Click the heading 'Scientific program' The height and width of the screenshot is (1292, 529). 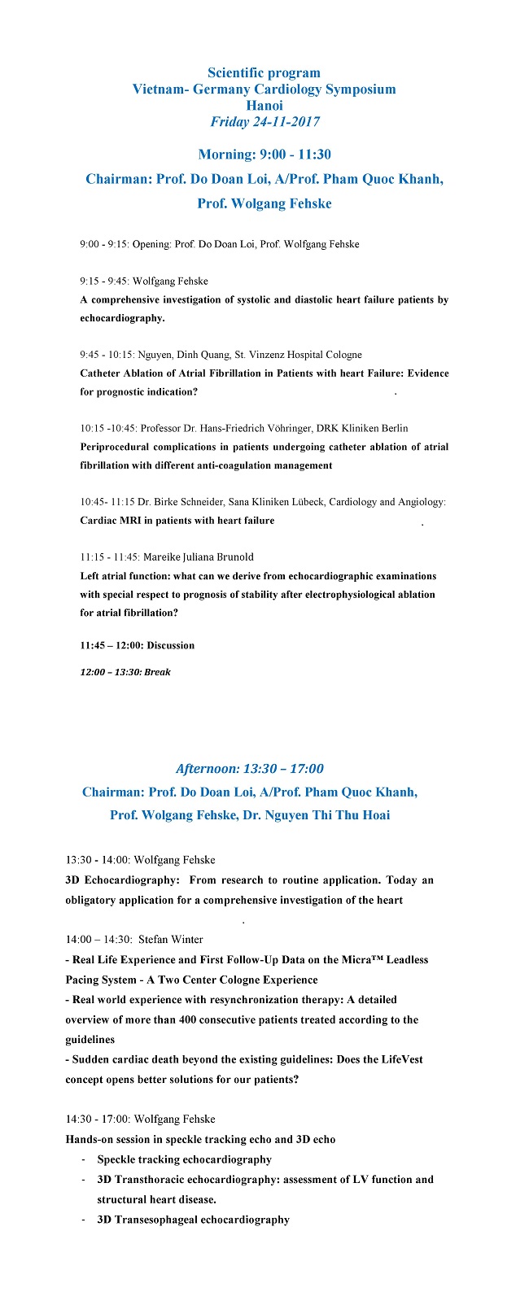pyautogui.click(x=264, y=73)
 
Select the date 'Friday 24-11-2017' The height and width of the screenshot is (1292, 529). pyautogui.click(x=264, y=122)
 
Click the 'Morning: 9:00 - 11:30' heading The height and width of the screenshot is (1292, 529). pyautogui.click(x=264, y=155)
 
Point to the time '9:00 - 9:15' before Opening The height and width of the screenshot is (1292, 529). pyautogui.click(x=103, y=244)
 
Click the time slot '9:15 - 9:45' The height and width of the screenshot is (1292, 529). pyautogui.click(x=103, y=282)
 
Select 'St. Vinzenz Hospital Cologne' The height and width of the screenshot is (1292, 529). pyautogui.click(x=306, y=355)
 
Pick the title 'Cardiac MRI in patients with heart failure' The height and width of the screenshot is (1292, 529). pyautogui.click(x=177, y=521)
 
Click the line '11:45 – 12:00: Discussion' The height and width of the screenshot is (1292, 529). pyautogui.click(x=138, y=645)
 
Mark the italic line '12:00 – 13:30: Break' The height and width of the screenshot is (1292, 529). pyautogui.click(x=125, y=672)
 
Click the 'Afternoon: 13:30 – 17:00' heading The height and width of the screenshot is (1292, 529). pyautogui.click(x=250, y=769)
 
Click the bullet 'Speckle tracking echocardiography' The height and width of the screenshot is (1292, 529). pyautogui.click(x=185, y=1159)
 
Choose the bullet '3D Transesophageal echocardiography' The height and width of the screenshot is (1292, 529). pyautogui.click(x=194, y=1220)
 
